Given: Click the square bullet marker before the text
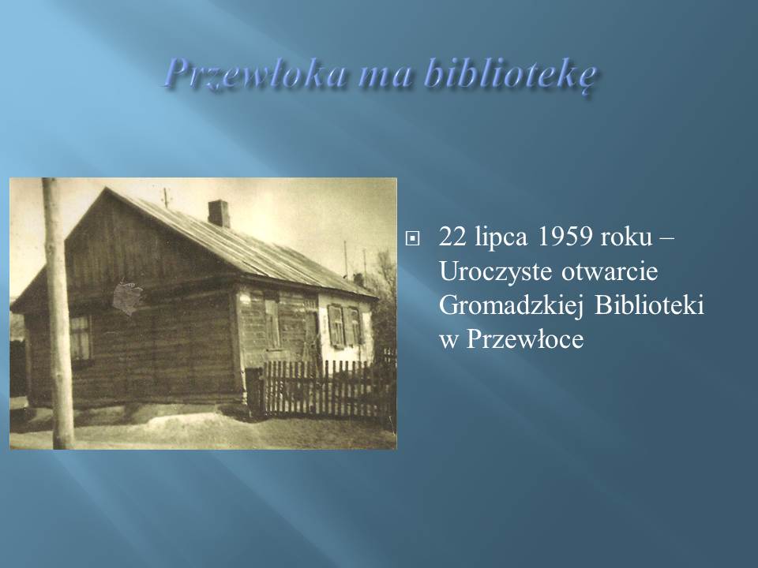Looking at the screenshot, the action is click(412, 238).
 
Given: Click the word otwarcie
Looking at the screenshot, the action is click(610, 272).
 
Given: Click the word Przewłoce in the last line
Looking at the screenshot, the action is click(525, 339).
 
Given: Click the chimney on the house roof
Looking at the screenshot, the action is click(219, 213).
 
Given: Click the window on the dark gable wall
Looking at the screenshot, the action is click(80, 338).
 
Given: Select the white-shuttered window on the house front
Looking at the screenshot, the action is click(344, 326).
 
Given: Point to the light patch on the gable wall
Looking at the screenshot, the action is click(128, 296).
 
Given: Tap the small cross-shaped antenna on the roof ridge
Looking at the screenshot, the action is click(166, 197).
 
